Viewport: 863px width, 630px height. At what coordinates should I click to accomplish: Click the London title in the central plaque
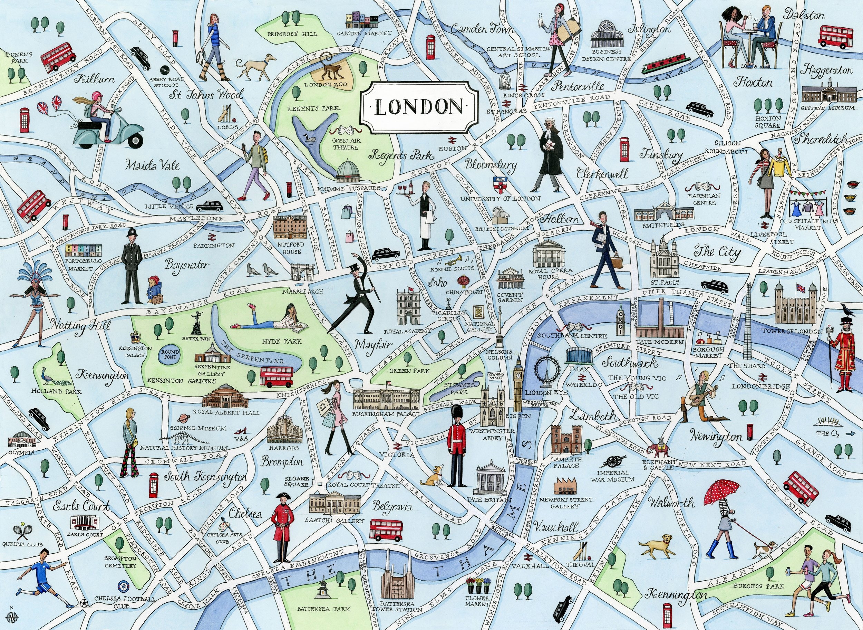pos(418,107)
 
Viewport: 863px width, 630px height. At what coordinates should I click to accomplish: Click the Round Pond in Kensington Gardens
pos(169,355)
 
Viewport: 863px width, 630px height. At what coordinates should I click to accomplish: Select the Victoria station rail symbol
pos(398,446)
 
